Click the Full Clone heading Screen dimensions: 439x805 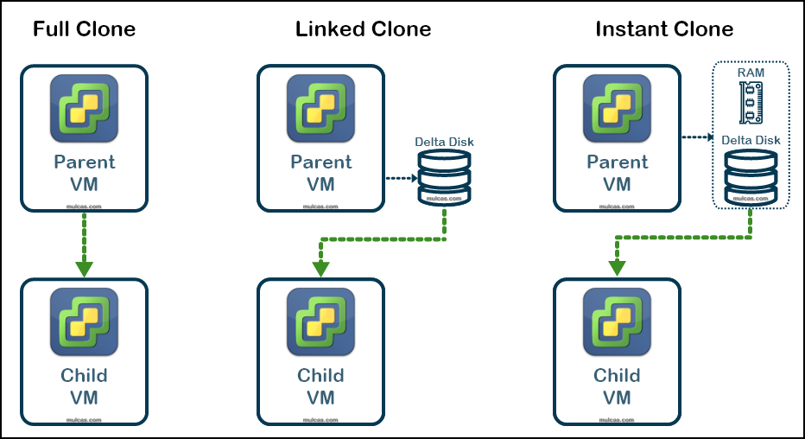coord(84,29)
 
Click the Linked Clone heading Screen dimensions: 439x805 coord(363,29)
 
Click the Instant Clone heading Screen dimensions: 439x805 coord(664,29)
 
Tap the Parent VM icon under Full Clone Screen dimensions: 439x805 coord(84,109)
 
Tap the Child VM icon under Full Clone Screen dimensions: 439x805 coord(84,322)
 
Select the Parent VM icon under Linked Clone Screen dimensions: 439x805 coord(320,109)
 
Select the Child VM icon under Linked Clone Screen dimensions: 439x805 coord(320,322)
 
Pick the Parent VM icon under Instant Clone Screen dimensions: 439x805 coord(617,109)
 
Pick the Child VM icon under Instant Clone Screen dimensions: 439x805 coord(617,322)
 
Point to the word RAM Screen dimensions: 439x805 coord(751,73)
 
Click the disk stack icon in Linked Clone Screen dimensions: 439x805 coord(444,177)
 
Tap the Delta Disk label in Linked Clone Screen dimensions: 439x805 coord(444,142)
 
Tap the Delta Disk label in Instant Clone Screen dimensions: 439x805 coord(751,140)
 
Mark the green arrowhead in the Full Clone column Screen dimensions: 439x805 coord(84,268)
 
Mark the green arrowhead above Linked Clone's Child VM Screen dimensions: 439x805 coord(320,269)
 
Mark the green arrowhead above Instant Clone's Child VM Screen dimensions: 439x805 coord(617,269)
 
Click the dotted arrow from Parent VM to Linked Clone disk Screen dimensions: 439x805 coord(402,179)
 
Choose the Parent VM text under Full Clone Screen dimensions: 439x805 coord(84,173)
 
